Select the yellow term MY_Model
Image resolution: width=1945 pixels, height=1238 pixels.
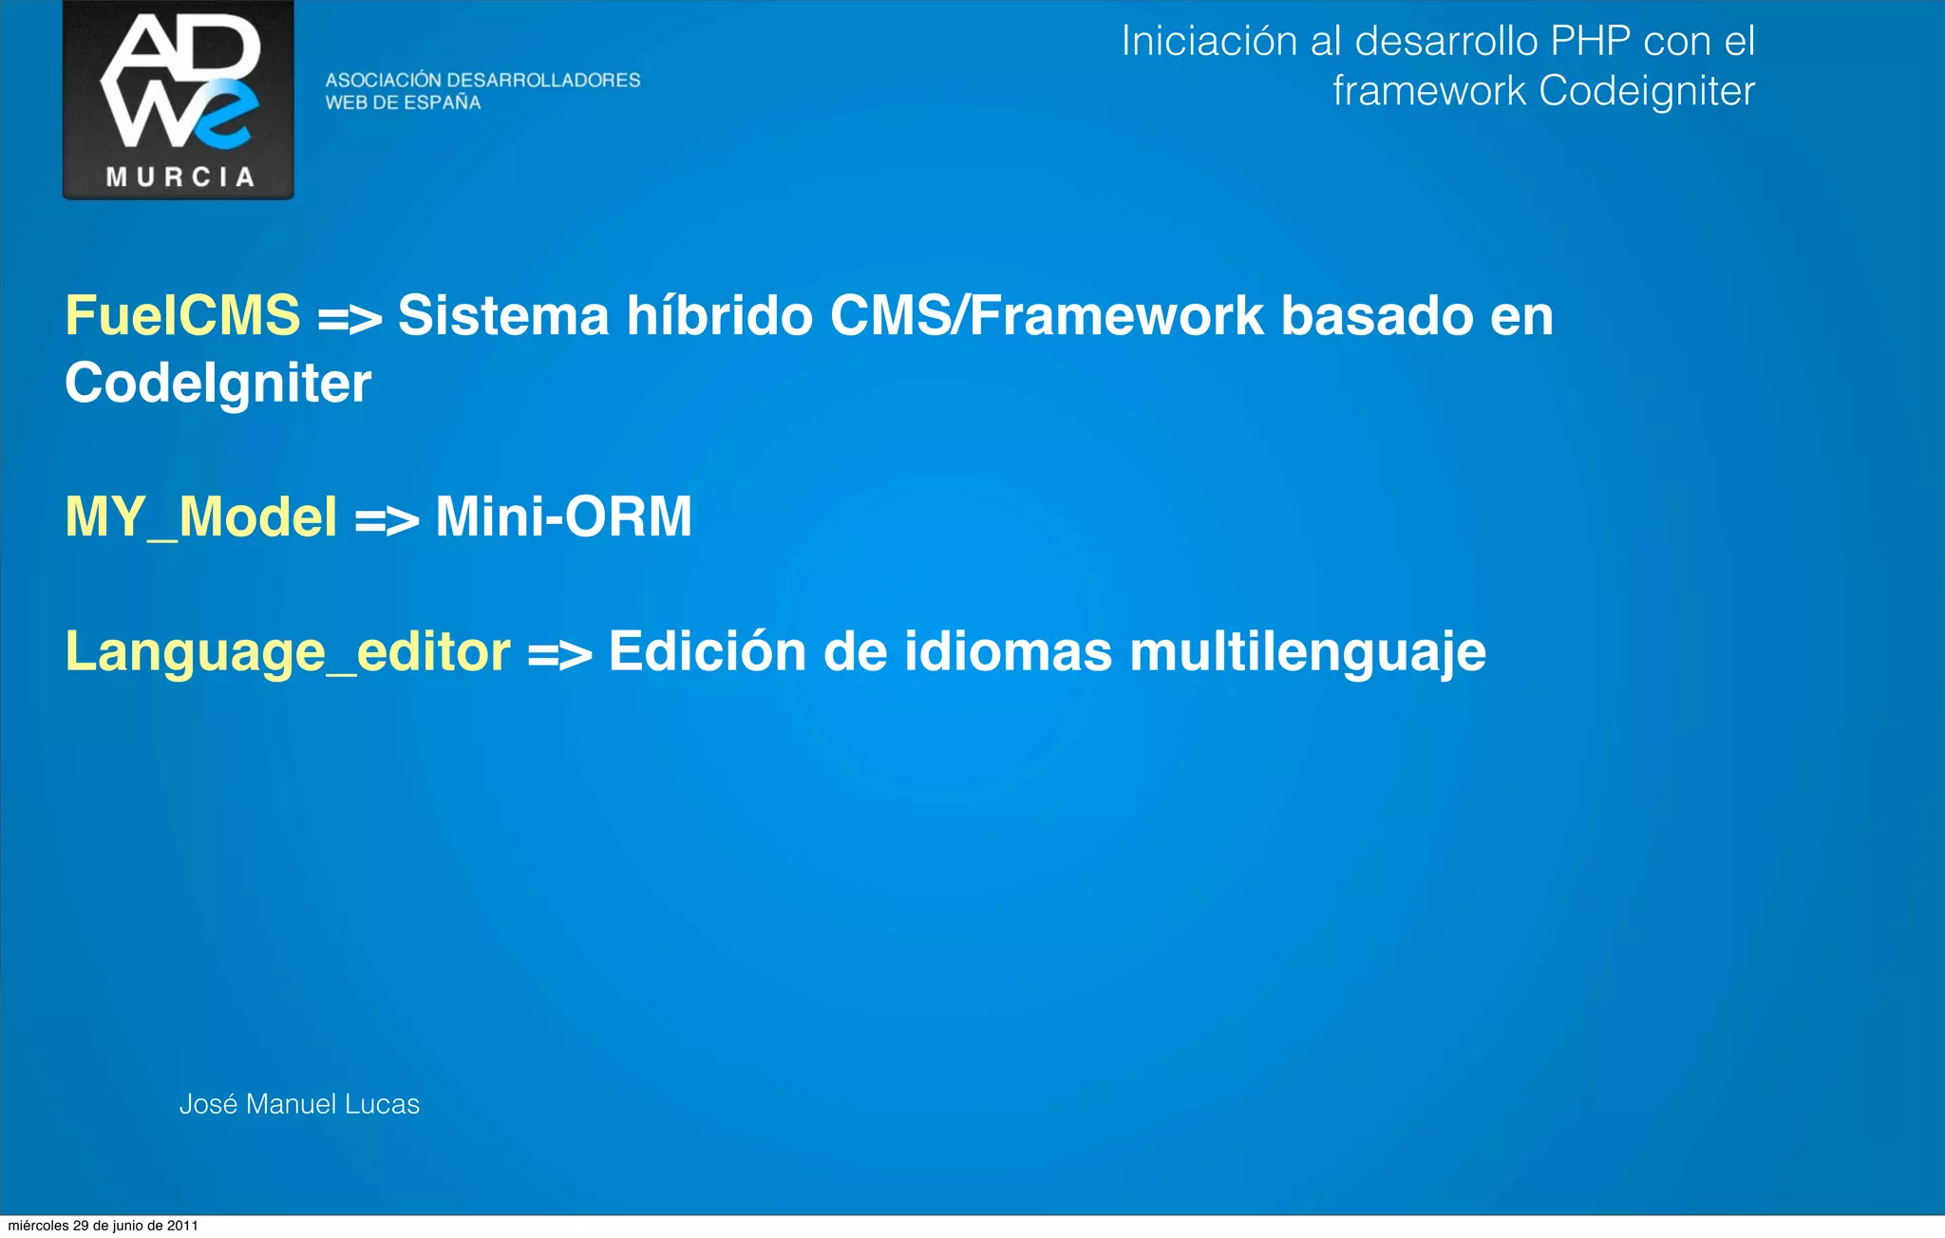(201, 517)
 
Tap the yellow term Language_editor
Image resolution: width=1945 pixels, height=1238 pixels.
(288, 652)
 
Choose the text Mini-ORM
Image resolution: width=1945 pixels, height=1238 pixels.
(563, 517)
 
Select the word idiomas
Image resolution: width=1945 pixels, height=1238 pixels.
(1008, 652)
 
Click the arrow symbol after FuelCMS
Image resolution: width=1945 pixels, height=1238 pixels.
(349, 319)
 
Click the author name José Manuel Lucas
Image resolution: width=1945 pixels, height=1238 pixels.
(299, 1104)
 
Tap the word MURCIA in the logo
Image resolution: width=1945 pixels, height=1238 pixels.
(179, 178)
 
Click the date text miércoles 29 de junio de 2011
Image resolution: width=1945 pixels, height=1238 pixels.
(103, 1226)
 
